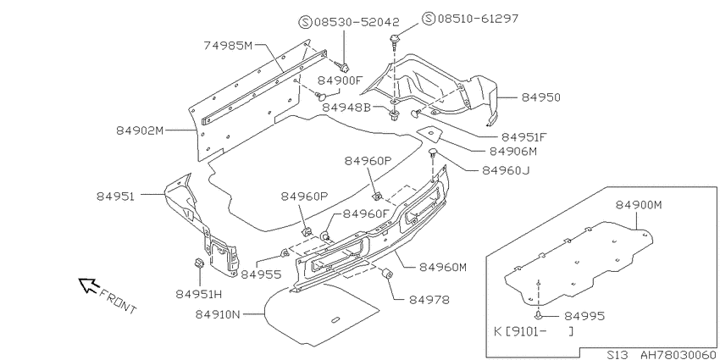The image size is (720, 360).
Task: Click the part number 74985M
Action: pos(228,45)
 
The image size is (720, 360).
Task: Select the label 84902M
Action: pos(140,130)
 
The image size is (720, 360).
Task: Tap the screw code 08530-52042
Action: pos(357,22)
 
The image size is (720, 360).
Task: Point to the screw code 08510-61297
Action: pos(478,19)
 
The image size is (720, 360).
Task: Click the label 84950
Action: pos(541,97)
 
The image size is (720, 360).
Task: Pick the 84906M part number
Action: pos(513,151)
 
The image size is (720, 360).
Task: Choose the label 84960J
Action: pos(506,170)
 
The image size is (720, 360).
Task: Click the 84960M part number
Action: pos(442,267)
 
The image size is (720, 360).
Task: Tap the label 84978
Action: pos(429,300)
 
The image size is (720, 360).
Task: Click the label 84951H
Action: pos(199,294)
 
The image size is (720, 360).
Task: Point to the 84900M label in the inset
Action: pos(639,205)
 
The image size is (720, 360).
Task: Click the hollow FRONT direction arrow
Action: pos(88,285)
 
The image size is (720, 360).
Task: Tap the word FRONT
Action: pos(118,302)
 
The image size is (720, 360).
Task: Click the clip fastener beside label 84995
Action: pos(539,315)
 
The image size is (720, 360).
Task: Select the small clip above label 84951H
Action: pos(198,263)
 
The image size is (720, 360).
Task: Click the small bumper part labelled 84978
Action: pos(387,274)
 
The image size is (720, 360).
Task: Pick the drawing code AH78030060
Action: pos(678,354)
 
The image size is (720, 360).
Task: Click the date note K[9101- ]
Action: pos(533,331)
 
